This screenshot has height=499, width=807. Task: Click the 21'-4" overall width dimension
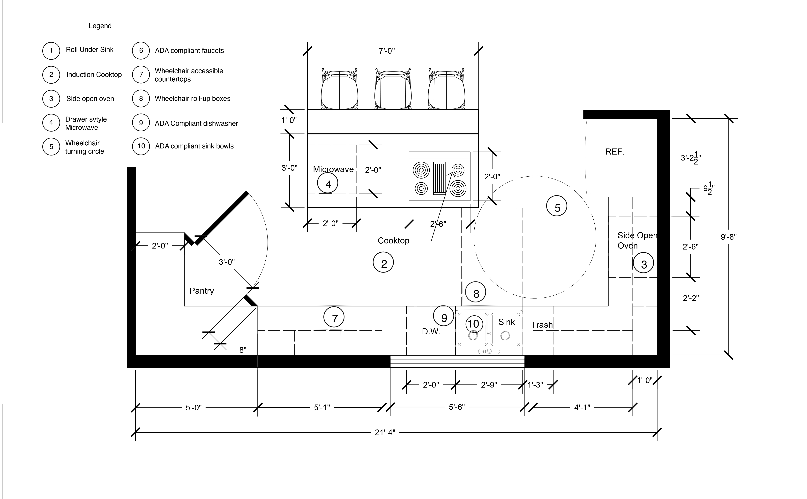click(385, 432)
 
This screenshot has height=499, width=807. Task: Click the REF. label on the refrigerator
click(615, 152)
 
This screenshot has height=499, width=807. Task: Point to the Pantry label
click(201, 291)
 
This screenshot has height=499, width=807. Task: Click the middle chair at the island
click(393, 89)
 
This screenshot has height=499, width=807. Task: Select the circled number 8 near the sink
click(476, 292)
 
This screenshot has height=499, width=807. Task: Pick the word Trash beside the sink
click(542, 325)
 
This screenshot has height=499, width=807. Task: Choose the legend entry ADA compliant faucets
click(189, 50)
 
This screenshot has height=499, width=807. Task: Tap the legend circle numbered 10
click(141, 146)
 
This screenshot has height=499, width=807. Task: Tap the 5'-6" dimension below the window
click(457, 407)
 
